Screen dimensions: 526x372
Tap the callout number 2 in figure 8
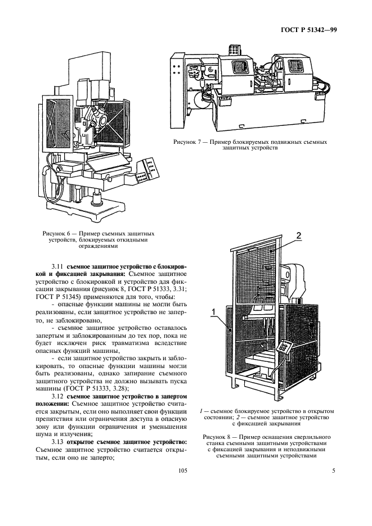[300, 235]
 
